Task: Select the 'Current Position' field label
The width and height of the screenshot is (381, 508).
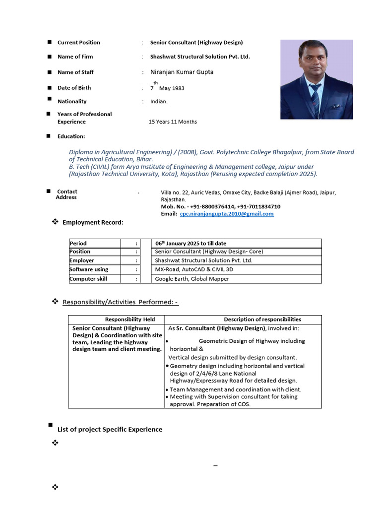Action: click(x=78, y=43)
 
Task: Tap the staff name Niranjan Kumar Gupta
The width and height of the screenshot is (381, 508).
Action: click(x=182, y=72)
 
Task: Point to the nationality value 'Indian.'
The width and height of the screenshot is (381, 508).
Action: click(x=159, y=101)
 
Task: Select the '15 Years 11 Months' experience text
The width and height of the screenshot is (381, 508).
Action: click(x=173, y=122)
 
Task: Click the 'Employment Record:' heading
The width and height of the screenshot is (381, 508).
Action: click(x=93, y=222)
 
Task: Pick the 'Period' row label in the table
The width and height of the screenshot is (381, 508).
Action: click(x=78, y=243)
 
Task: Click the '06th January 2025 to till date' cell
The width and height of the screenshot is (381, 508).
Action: click(x=190, y=243)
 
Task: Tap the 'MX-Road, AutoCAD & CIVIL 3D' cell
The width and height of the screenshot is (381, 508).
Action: click(x=194, y=269)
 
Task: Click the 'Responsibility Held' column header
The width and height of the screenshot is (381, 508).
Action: click(x=130, y=319)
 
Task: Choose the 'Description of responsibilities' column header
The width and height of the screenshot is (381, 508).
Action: click(x=262, y=319)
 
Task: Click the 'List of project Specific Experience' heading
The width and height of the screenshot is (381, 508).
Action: click(x=110, y=429)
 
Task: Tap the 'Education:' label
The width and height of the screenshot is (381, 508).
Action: click(x=71, y=136)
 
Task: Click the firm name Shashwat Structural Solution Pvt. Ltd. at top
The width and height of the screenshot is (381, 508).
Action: click(x=200, y=57)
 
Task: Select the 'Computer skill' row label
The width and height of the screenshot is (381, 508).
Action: click(x=88, y=279)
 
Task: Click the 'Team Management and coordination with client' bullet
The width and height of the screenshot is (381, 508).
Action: click(x=235, y=389)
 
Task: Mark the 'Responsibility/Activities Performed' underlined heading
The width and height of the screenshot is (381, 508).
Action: click(x=120, y=302)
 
